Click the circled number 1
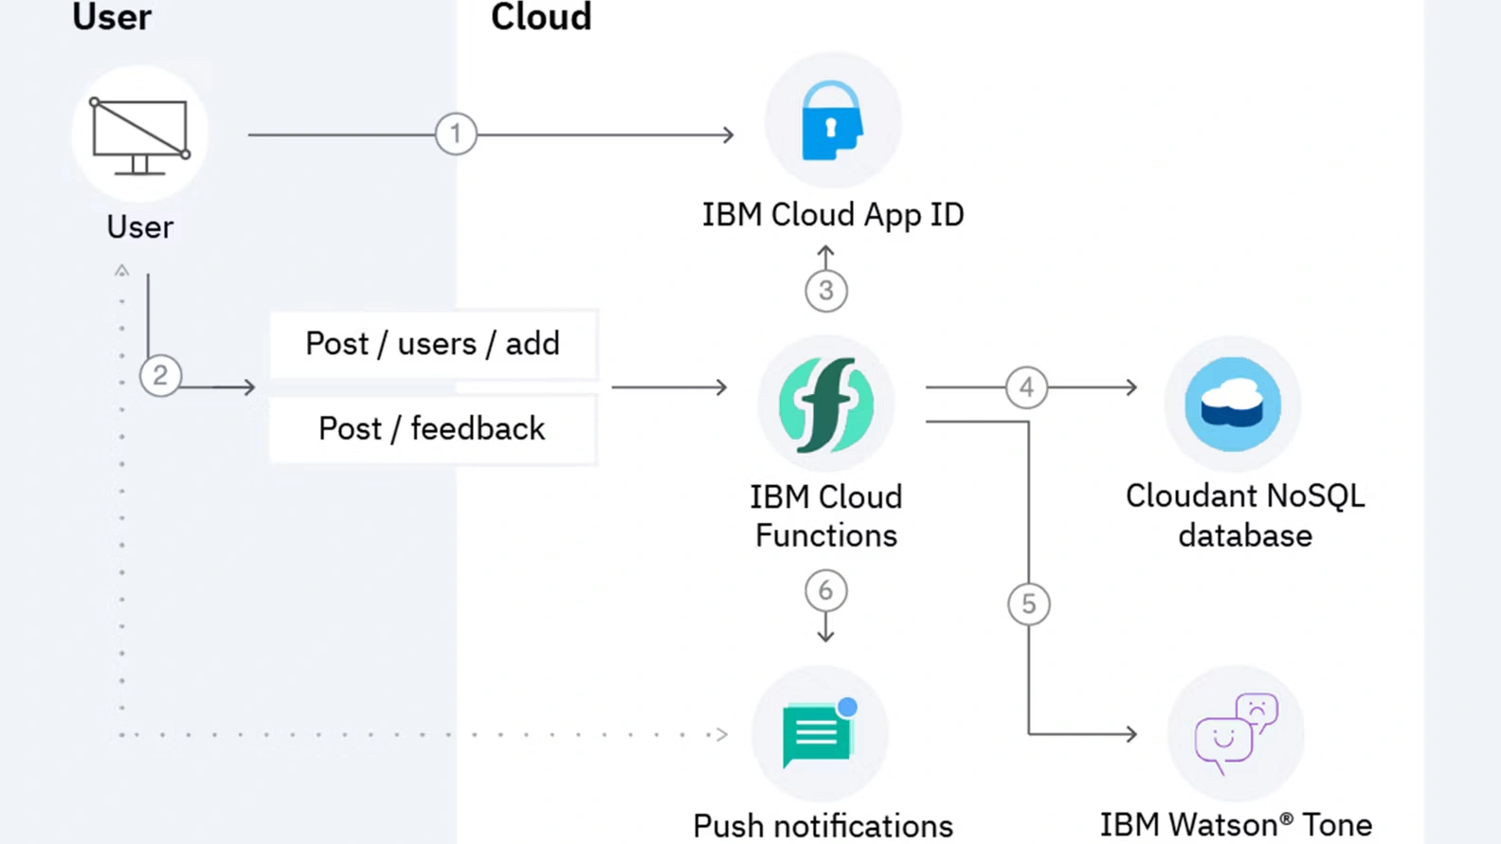(x=456, y=134)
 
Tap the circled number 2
(x=160, y=376)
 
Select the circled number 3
(x=826, y=291)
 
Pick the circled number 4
(x=1026, y=387)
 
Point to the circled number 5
(x=1029, y=604)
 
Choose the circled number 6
(x=825, y=591)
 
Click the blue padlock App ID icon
(x=831, y=121)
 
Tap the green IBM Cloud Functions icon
(x=826, y=404)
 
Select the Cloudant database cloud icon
(x=1233, y=404)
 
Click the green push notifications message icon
(x=817, y=735)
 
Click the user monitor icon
(x=140, y=135)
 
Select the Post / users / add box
(x=433, y=344)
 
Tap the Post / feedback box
(x=433, y=429)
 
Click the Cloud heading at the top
(x=541, y=17)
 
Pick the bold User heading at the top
(x=112, y=17)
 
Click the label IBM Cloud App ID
(x=833, y=215)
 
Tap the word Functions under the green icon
(x=826, y=536)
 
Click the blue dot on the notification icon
(x=848, y=707)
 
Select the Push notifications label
(x=823, y=826)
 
